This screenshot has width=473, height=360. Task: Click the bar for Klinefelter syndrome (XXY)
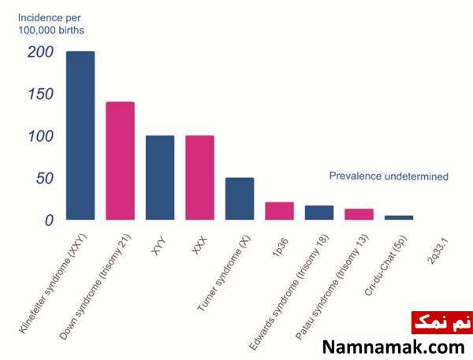(80, 135)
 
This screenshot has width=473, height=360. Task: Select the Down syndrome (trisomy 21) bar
(121, 161)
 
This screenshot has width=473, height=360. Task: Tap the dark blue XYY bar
(160, 177)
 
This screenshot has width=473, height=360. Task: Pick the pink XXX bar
(200, 177)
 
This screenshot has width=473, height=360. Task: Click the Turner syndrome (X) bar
(240, 199)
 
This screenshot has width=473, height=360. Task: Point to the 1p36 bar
(280, 211)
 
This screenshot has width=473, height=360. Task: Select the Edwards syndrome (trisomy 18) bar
(319, 213)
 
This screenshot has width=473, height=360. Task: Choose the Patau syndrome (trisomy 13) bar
(359, 214)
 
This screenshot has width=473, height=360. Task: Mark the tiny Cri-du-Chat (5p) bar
(399, 217)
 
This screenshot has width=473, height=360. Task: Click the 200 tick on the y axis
(41, 52)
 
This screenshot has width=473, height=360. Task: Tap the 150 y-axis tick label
(41, 94)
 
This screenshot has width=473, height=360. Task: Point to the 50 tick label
(45, 178)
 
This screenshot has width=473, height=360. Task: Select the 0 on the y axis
(49, 221)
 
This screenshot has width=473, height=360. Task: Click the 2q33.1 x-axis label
(439, 251)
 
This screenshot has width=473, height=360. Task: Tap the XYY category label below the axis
(159, 246)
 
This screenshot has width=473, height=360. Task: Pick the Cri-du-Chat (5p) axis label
(385, 265)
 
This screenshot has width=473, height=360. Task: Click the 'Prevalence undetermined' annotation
(389, 176)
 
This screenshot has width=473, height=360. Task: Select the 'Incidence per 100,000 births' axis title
(51, 24)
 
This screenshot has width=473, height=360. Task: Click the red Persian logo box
(442, 323)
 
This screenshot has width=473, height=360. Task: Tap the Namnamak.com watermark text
(393, 347)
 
